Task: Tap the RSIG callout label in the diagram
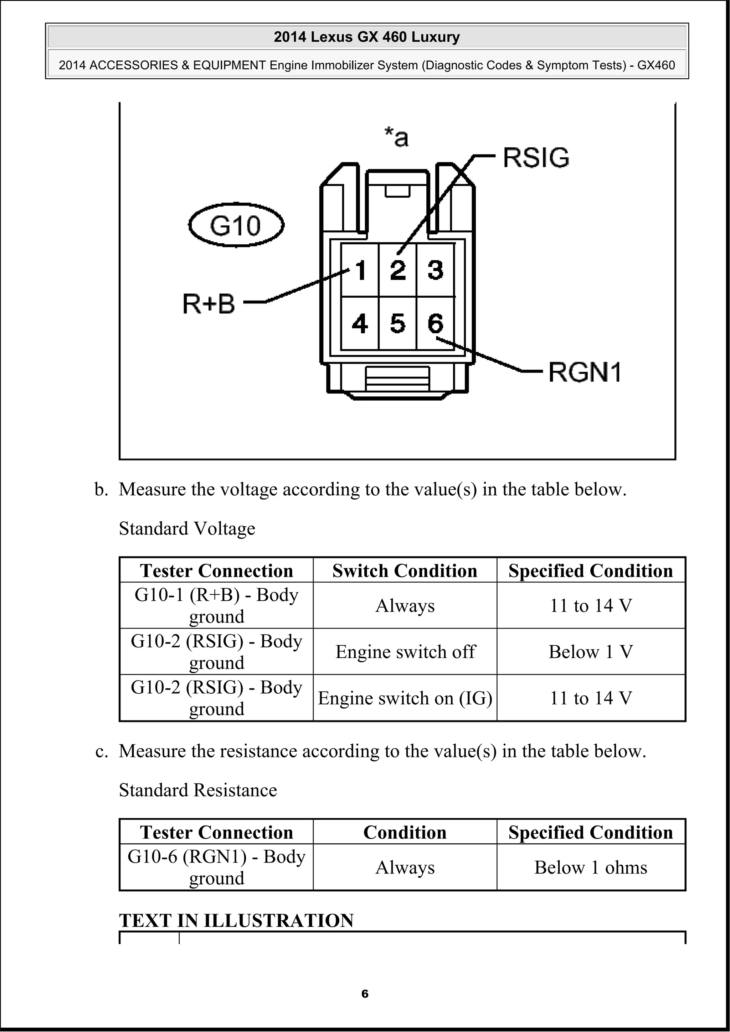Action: (536, 158)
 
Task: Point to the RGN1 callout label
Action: (585, 372)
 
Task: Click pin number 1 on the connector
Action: (360, 271)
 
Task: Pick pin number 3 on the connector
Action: (435, 271)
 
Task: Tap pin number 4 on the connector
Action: (360, 324)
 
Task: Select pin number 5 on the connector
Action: (397, 324)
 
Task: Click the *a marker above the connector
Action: (396, 137)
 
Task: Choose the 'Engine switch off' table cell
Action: (405, 652)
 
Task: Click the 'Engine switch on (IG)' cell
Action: (405, 698)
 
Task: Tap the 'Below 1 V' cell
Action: (591, 652)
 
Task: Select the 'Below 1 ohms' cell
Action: (591, 867)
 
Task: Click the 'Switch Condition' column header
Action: (405, 571)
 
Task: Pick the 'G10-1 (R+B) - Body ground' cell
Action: (216, 605)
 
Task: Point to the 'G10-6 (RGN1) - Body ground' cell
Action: (216, 867)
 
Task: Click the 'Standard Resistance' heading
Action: (198, 790)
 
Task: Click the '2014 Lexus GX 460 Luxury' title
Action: (366, 37)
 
